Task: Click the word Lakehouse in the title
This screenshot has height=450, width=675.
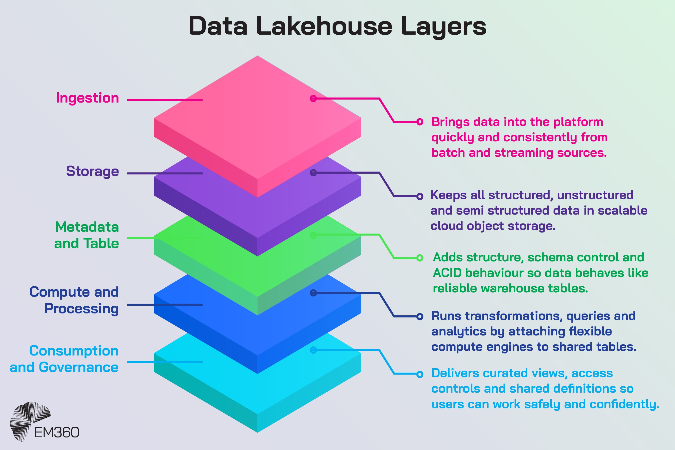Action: point(324,26)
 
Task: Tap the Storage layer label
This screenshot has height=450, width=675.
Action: point(92,171)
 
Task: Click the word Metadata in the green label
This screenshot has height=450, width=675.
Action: point(87,227)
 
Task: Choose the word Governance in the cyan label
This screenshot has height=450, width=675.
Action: point(79,367)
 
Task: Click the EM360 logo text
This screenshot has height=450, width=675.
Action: point(57,432)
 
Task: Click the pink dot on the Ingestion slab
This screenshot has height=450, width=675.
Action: point(313,99)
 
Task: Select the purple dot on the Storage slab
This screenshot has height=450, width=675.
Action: point(313,173)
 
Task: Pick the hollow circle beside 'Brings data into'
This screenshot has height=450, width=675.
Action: point(420,122)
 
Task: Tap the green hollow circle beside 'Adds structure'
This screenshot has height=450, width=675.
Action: point(420,258)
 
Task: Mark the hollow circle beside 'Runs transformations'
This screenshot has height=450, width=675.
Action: point(420,316)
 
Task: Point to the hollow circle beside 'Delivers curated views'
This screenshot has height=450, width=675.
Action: point(420,374)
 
